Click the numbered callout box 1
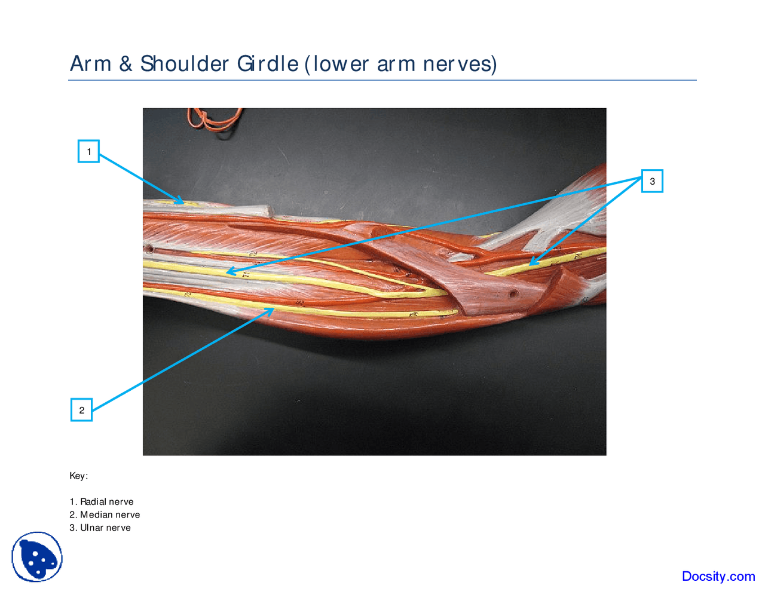point(88,151)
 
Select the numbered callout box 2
point(81,410)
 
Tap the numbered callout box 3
point(652,181)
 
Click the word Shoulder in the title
point(185,63)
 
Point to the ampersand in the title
point(126,63)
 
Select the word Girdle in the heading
point(268,63)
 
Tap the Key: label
point(78,476)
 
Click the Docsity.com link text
point(718,576)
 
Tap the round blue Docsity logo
point(37,557)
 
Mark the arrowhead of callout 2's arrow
point(271,310)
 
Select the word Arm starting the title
point(90,63)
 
